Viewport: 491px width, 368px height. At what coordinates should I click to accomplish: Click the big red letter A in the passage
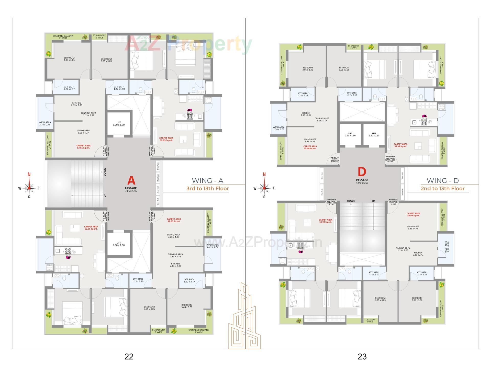131,181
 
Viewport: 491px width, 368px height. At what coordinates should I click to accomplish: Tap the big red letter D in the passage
362,172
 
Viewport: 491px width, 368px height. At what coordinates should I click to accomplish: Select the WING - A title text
207,181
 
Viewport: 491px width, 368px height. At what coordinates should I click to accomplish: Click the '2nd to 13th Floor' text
442,189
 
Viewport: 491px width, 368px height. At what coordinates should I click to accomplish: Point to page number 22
129,356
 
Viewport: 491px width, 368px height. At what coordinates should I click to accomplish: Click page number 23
362,356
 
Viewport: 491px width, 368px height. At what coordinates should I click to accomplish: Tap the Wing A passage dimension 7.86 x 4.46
131,191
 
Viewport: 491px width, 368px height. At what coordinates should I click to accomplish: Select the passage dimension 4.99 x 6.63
362,183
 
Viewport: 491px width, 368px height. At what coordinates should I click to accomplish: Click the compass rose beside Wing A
29,188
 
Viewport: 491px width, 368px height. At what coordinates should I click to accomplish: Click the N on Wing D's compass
264,175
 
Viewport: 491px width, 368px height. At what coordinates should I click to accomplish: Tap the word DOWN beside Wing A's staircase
105,172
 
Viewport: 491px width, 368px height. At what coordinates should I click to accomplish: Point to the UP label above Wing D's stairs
374,201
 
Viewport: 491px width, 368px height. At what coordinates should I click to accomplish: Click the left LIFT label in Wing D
350,134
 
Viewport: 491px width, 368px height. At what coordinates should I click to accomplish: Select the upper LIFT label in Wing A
119,124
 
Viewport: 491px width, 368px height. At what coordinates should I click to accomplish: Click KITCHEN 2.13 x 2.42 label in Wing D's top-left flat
306,114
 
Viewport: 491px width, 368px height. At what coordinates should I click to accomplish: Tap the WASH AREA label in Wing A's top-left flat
45,123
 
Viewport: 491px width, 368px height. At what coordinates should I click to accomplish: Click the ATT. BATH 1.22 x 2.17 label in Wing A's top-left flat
69,88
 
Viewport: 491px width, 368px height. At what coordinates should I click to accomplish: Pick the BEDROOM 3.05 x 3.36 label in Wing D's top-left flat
307,69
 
